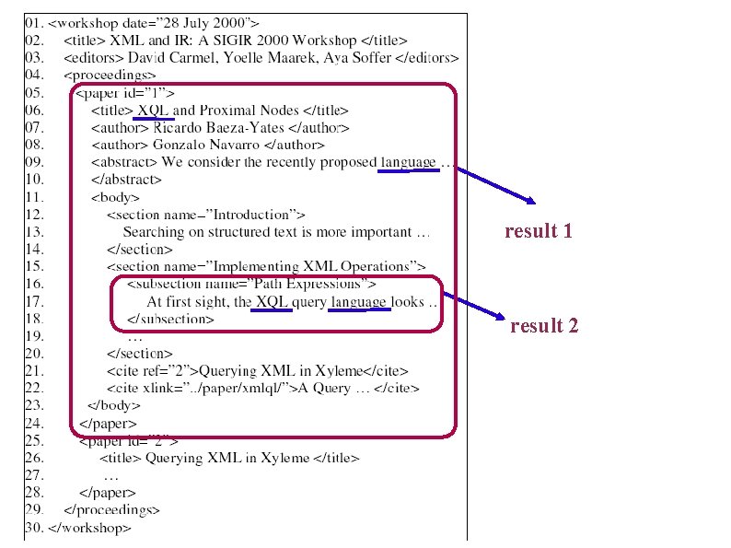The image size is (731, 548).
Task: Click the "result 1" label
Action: coord(539,231)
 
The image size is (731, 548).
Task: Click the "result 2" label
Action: coord(544,325)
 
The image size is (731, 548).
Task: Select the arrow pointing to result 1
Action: coord(496,185)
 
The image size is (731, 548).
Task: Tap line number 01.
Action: coord(33,21)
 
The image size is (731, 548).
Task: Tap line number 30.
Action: coord(33,529)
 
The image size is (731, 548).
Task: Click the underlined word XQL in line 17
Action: coord(272,301)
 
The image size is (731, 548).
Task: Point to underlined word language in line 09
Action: coord(408,162)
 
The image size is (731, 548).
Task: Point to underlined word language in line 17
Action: coord(360,301)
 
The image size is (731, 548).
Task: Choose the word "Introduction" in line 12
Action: coord(238,215)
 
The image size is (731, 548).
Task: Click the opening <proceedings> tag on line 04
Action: coord(110,75)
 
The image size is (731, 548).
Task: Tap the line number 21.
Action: coord(33,370)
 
